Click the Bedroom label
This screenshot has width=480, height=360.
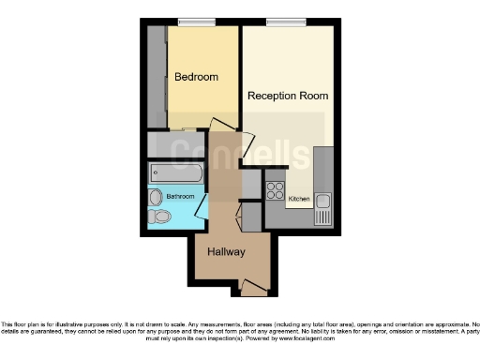click(196, 77)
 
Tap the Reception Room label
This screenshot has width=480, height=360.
click(287, 96)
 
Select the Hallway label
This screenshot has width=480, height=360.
click(226, 252)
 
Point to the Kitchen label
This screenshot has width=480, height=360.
click(299, 199)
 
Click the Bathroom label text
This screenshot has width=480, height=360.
click(180, 197)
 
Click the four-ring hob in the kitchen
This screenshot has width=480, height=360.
click(276, 190)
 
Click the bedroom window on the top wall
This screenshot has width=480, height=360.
click(197, 22)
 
